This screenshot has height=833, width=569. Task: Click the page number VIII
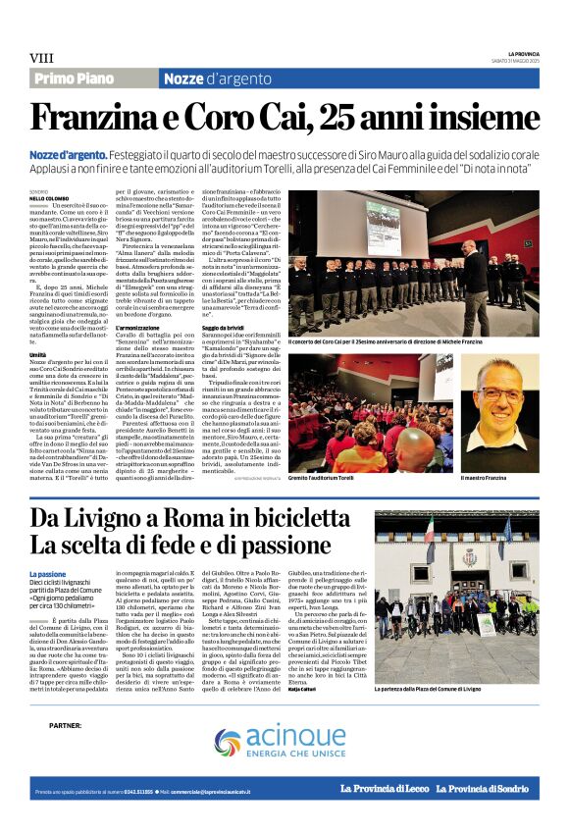coord(41,58)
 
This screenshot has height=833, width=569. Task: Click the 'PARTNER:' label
coord(65,725)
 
